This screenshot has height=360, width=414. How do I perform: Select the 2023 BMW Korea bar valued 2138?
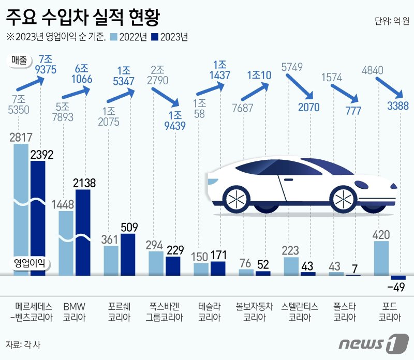pos(82,233)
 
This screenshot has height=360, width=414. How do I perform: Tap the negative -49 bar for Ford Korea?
pos(398,278)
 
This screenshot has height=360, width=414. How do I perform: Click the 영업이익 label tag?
pos(28,263)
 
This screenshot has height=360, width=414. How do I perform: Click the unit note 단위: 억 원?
pos(391,22)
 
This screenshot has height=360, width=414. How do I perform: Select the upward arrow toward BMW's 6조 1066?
pos(75,93)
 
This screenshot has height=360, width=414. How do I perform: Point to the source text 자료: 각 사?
pos(22,344)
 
